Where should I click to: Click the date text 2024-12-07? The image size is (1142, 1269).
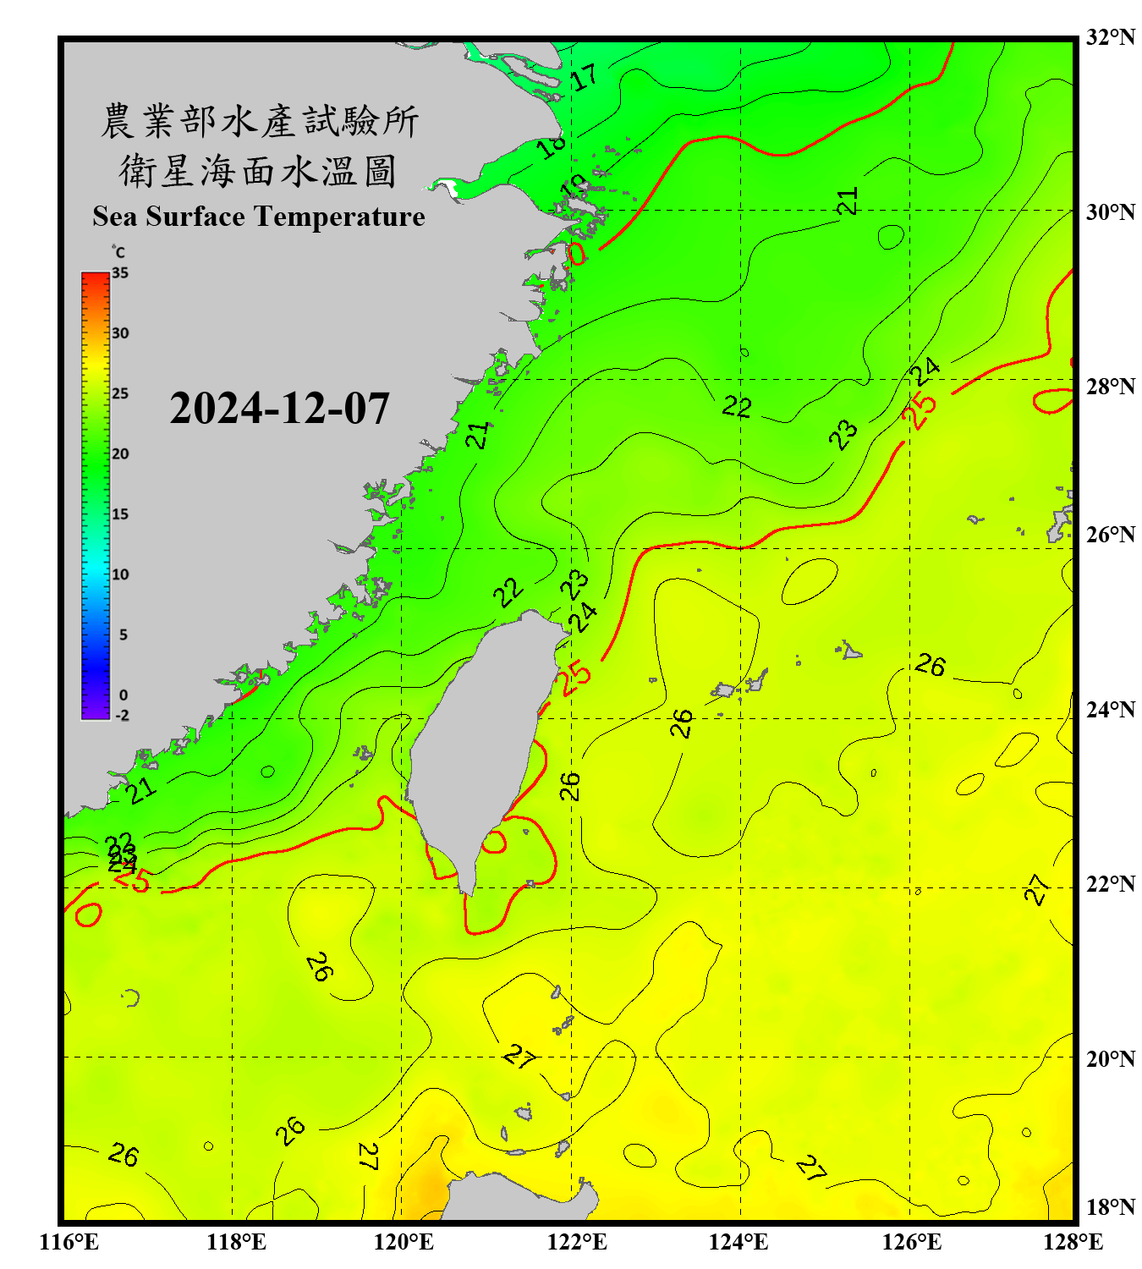[x=279, y=409]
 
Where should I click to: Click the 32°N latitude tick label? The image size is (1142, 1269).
[x=1110, y=37]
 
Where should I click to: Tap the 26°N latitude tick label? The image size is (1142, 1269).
[x=1110, y=535]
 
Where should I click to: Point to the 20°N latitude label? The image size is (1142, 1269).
[x=1110, y=1058]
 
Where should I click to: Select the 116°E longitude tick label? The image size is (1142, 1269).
[x=69, y=1242]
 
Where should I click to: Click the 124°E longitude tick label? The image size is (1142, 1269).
[x=738, y=1242]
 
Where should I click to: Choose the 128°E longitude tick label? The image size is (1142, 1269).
[x=1073, y=1242]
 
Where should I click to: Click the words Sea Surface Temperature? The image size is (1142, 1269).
[x=259, y=217]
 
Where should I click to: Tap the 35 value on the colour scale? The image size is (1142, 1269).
[x=120, y=273]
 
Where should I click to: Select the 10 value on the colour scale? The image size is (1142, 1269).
[x=120, y=574]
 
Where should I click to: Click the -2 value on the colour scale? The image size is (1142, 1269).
[x=122, y=716]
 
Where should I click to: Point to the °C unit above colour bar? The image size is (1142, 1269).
[x=118, y=252]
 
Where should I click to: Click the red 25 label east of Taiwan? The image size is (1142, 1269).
[x=575, y=677]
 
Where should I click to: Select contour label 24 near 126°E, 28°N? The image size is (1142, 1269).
[x=925, y=371]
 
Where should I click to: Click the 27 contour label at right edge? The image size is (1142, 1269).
[x=1037, y=889]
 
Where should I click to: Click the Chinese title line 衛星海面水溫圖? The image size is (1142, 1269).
[x=258, y=172]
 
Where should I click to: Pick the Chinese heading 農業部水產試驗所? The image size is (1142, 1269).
[x=259, y=122]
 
